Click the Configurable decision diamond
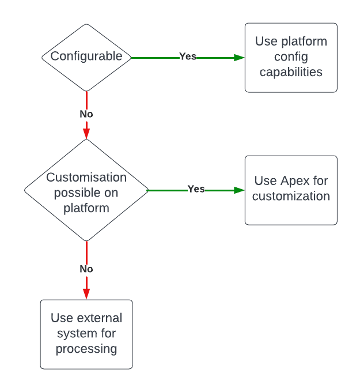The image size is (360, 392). pyautogui.click(x=86, y=56)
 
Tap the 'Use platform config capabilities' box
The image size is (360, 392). pyautogui.click(x=291, y=57)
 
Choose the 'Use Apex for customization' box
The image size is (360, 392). pyautogui.click(x=291, y=190)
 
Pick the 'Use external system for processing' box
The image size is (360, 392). pyautogui.click(x=86, y=334)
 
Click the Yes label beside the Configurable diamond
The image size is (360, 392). pyautogui.click(x=188, y=56)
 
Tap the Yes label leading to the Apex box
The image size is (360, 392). pyautogui.click(x=196, y=189)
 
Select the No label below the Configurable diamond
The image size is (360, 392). pyautogui.click(x=86, y=114)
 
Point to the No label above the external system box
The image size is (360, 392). pyautogui.click(x=86, y=269)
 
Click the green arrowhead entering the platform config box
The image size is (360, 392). pyautogui.click(x=239, y=57)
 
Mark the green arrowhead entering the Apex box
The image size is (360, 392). pyautogui.click(x=239, y=190)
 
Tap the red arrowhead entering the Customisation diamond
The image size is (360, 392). pyautogui.click(x=86, y=134)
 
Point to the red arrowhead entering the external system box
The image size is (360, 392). pyautogui.click(x=86, y=294)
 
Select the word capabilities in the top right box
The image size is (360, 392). pyautogui.click(x=291, y=72)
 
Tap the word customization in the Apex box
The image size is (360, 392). pyautogui.click(x=291, y=197)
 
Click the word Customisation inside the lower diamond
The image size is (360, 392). pyautogui.click(x=86, y=178)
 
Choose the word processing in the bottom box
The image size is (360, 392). pyautogui.click(x=86, y=349)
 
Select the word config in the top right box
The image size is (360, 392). pyautogui.click(x=291, y=57)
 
